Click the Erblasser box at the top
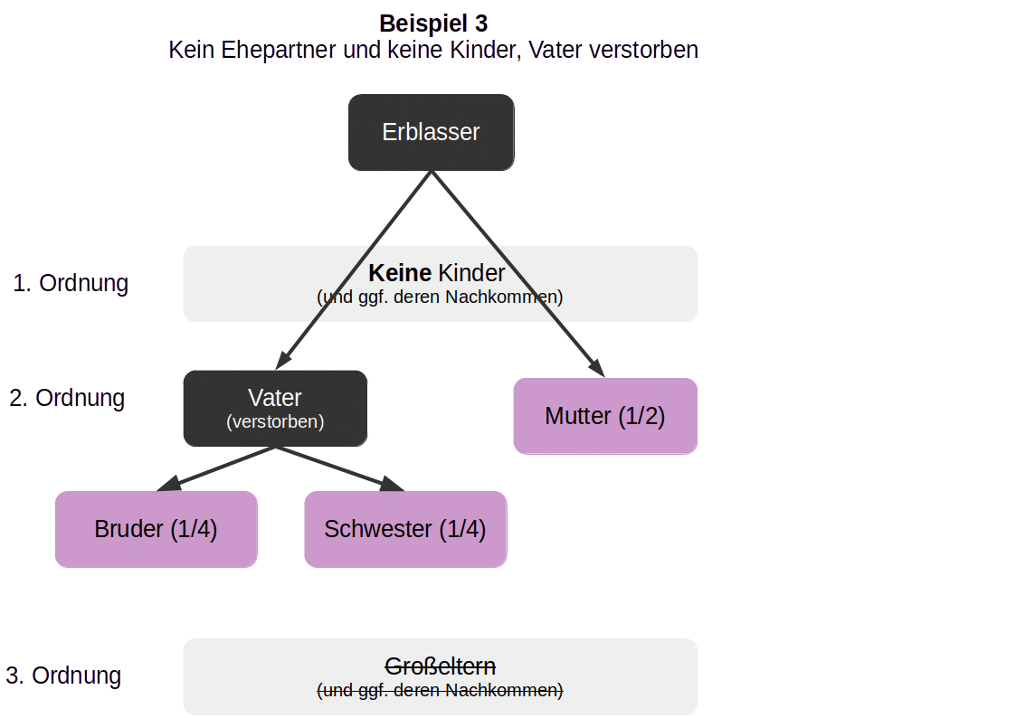pyautogui.click(x=432, y=133)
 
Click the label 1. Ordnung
pyautogui.click(x=71, y=283)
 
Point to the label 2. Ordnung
pyautogui.click(x=67, y=398)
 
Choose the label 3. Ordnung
pyautogui.click(x=63, y=675)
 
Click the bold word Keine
pyautogui.click(x=399, y=273)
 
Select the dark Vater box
pyautogui.click(x=275, y=408)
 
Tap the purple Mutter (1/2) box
pyautogui.click(x=605, y=416)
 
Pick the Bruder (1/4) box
pyautogui.click(x=156, y=529)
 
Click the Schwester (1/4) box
pyautogui.click(x=405, y=529)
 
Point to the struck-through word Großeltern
pyautogui.click(x=441, y=666)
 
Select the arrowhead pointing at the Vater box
pyautogui.click(x=283, y=361)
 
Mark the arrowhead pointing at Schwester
pyautogui.click(x=394, y=486)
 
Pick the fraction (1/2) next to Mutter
pyautogui.click(x=641, y=416)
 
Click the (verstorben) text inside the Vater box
pyautogui.click(x=275, y=421)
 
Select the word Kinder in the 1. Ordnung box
pyautogui.click(x=471, y=273)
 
